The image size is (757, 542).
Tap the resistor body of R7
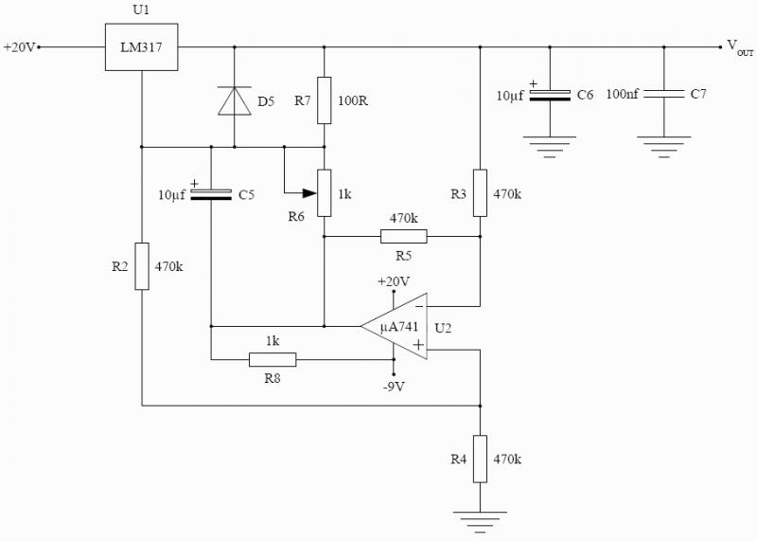click(x=324, y=99)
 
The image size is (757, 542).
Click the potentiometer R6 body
click(x=324, y=192)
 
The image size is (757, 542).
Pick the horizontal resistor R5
click(x=404, y=236)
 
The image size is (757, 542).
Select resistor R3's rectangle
click(x=480, y=192)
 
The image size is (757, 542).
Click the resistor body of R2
click(x=142, y=266)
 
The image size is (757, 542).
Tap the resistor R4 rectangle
click(x=480, y=458)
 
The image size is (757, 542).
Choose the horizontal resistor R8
click(x=273, y=359)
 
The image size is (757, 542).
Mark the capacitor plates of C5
click(x=211, y=194)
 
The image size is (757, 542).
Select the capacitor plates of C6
click(x=550, y=95)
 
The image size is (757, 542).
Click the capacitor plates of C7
click(x=663, y=95)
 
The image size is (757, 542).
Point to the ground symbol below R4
click(x=480, y=518)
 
